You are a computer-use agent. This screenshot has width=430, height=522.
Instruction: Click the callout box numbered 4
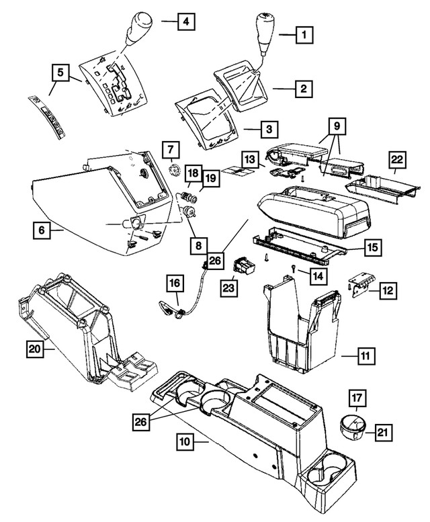click(186, 24)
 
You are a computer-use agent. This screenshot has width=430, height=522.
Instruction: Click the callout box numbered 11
click(367, 353)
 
